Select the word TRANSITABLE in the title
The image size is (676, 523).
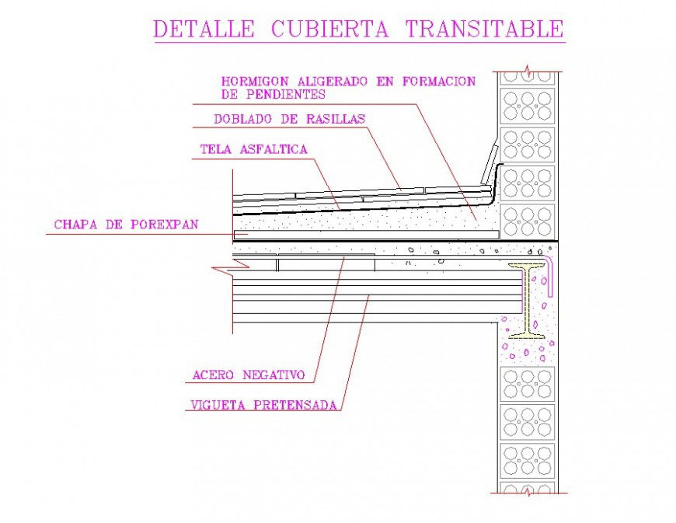click(x=484, y=29)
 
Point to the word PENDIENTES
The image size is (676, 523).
click(x=284, y=94)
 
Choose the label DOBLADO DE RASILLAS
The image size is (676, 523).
click(x=289, y=120)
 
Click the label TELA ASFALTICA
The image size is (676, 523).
click(x=254, y=149)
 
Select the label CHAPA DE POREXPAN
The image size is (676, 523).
click(x=126, y=225)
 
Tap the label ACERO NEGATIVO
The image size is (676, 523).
click(x=248, y=375)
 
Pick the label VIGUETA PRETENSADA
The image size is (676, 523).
click(x=263, y=405)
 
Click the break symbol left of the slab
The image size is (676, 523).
click(x=225, y=270)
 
